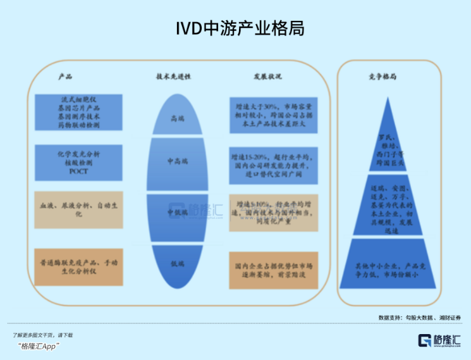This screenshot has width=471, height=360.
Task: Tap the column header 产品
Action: [x=65, y=77]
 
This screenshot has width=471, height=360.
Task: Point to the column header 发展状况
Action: [x=267, y=77]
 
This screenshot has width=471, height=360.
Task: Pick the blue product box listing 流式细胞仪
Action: [x=79, y=113]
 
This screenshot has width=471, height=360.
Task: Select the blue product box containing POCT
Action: [x=79, y=163]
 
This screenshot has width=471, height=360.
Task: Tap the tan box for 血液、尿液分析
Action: [x=79, y=210]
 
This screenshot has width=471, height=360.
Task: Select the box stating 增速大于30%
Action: [x=274, y=114]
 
